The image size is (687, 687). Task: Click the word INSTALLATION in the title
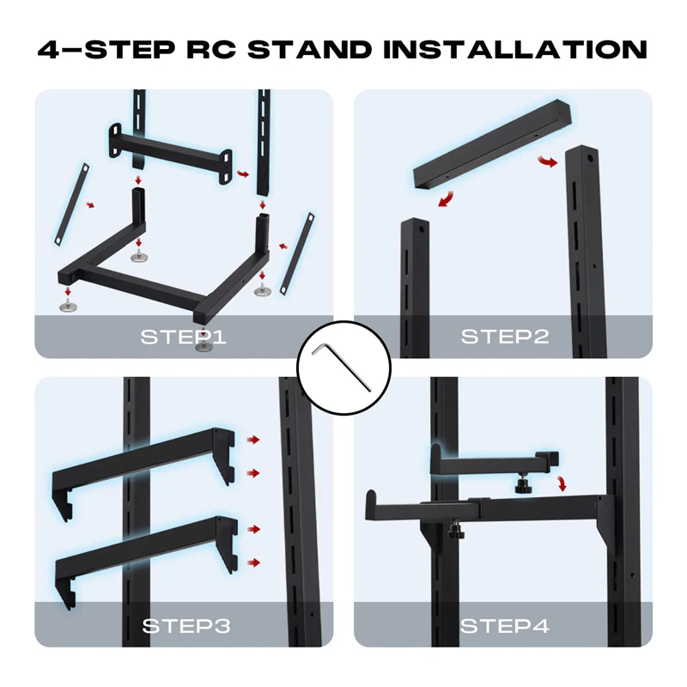(514, 48)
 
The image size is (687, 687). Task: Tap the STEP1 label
(183, 336)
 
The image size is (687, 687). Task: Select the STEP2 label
(505, 336)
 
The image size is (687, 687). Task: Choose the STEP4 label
(505, 625)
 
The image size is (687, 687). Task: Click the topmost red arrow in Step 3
(252, 440)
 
